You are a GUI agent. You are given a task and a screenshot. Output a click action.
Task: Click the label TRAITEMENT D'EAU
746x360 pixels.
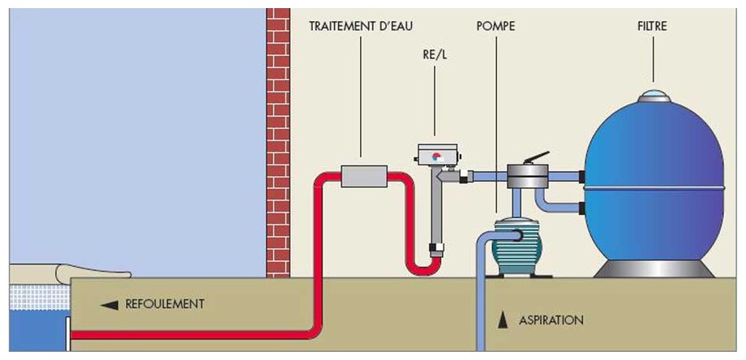361,26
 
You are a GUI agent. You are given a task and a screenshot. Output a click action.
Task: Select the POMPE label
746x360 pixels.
495,26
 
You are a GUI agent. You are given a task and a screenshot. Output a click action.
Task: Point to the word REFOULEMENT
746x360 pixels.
165,304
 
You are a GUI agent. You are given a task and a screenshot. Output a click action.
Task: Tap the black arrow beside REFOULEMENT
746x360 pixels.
109,305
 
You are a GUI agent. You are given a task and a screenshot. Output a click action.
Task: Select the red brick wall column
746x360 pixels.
278,138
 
